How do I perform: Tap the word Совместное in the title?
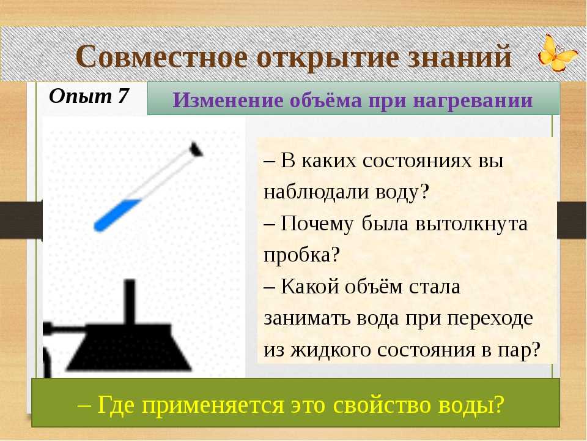pos(162,56)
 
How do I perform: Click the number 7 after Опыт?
pos(123,96)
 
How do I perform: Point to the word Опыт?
pos(80,97)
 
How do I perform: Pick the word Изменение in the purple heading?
pos(227,100)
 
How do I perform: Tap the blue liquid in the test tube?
pos(116,215)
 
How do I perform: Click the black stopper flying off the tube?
pos(196,149)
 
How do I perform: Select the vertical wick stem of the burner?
pos(130,301)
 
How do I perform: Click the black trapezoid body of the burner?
pos(128,347)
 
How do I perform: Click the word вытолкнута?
pos(471,224)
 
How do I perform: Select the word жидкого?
pos(331,350)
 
